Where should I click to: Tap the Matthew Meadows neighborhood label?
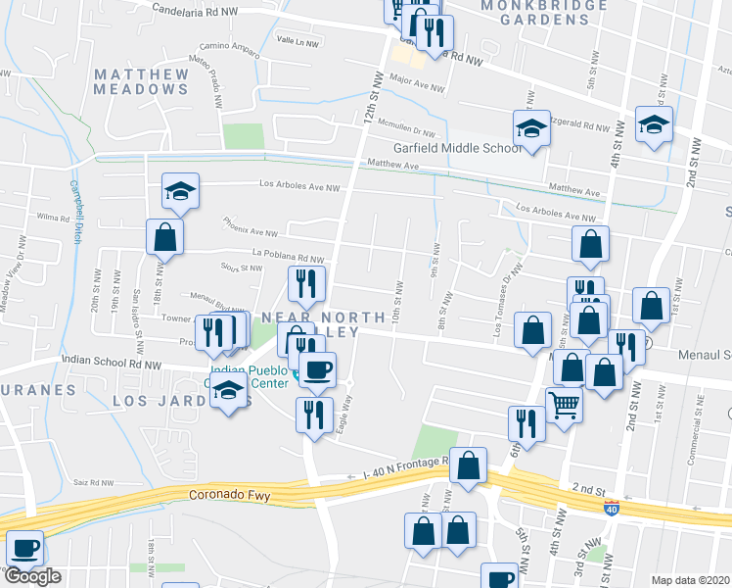click(142, 81)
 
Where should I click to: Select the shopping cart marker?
click(563, 402)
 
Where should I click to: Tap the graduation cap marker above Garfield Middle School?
click(530, 128)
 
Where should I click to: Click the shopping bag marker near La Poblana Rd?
click(164, 237)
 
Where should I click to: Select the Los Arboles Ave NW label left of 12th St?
click(299, 185)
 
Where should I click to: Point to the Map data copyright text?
click(690, 579)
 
